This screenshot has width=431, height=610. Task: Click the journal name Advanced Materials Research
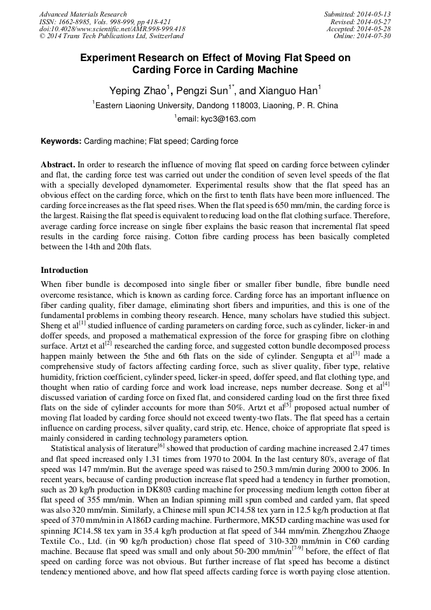(83, 14)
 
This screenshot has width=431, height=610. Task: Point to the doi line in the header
(112, 29)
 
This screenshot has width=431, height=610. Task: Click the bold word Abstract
(58, 164)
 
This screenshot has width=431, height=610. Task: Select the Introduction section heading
(64, 270)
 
